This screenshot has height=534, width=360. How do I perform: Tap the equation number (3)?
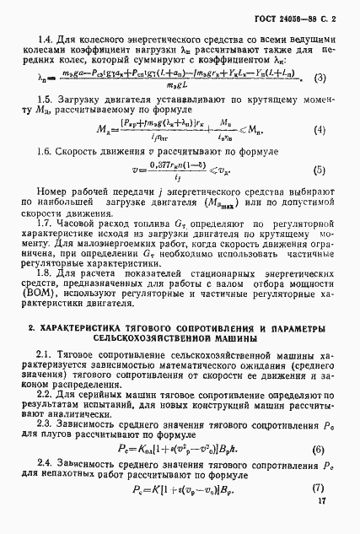[319, 78]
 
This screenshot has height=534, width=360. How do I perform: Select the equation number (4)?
[319, 130]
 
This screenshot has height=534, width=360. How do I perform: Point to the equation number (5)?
[319, 170]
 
